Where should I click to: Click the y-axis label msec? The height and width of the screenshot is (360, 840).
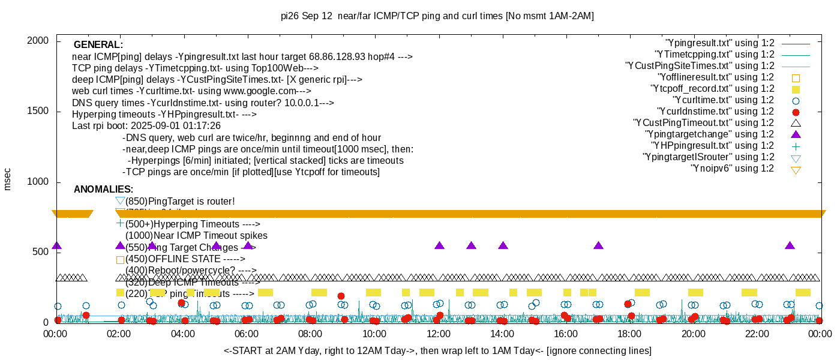[x=8, y=179]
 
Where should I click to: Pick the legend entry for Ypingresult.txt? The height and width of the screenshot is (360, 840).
[x=719, y=43]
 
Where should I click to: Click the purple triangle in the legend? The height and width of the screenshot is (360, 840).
[x=796, y=134]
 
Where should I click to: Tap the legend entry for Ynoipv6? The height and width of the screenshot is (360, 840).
[x=732, y=169]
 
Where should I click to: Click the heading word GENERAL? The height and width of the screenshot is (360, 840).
[x=98, y=45]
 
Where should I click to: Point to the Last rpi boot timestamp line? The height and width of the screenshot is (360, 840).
[x=146, y=126]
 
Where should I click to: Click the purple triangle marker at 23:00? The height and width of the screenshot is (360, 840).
[x=790, y=246]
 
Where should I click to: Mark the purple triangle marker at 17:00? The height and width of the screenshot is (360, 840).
[x=598, y=246]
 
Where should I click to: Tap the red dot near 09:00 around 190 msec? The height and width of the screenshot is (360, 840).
[x=341, y=296]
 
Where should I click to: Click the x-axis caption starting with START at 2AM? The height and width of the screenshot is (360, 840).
[x=437, y=350]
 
